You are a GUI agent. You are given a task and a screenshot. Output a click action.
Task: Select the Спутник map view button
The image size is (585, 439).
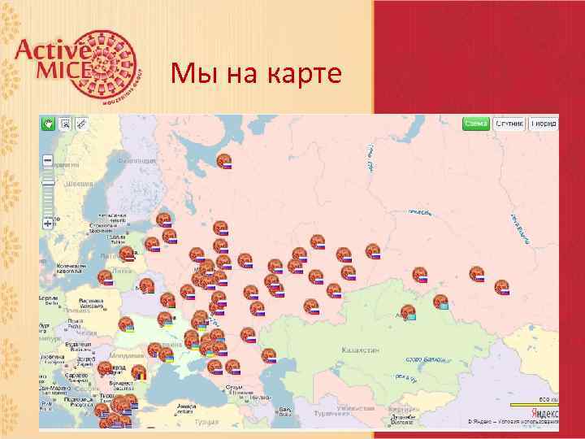(x=509, y=124)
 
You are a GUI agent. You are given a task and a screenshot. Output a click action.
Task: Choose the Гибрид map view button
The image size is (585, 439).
(x=544, y=124)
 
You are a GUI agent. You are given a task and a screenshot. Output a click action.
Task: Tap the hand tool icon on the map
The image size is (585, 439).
(x=48, y=123)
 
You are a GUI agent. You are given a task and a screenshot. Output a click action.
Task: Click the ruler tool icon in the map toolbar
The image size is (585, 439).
(x=80, y=123)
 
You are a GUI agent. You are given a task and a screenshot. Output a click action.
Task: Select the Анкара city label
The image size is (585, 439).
(x=187, y=406)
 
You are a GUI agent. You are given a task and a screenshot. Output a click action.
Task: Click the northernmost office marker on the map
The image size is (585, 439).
(x=224, y=161)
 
